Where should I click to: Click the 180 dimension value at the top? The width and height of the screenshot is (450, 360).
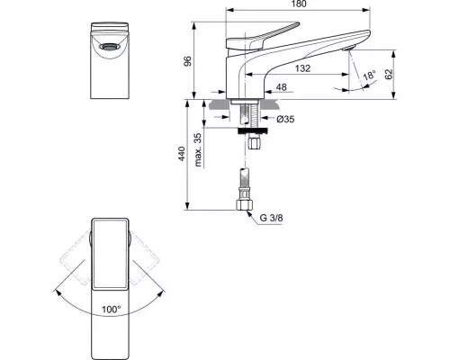[x=299, y=4]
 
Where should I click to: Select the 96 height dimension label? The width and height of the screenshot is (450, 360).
[x=187, y=61]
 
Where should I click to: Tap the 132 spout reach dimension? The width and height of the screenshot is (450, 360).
[x=302, y=68]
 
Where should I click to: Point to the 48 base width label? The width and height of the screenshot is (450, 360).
[x=281, y=87]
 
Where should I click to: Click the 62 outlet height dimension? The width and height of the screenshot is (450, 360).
[x=389, y=74]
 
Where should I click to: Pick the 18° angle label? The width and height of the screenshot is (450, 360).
[x=369, y=76]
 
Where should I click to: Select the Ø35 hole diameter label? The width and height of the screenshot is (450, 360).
[x=285, y=119]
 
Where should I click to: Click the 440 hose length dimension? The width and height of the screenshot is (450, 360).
[x=182, y=154]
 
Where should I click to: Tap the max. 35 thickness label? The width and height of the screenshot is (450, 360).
[x=198, y=149]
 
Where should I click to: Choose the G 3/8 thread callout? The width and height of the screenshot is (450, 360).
[x=271, y=218]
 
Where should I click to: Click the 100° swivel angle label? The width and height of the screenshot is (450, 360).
[x=111, y=310]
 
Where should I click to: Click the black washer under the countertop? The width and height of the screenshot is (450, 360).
[x=253, y=130]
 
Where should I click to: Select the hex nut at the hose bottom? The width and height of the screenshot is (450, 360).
[x=244, y=205]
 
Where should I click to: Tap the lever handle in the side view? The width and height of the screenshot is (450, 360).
[x=263, y=37]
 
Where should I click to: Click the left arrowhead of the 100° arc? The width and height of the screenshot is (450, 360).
[x=57, y=292]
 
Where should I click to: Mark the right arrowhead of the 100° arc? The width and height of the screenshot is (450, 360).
[x=162, y=292]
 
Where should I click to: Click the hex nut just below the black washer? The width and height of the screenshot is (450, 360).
[x=256, y=141]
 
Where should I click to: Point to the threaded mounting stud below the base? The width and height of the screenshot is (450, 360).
[x=253, y=114]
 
